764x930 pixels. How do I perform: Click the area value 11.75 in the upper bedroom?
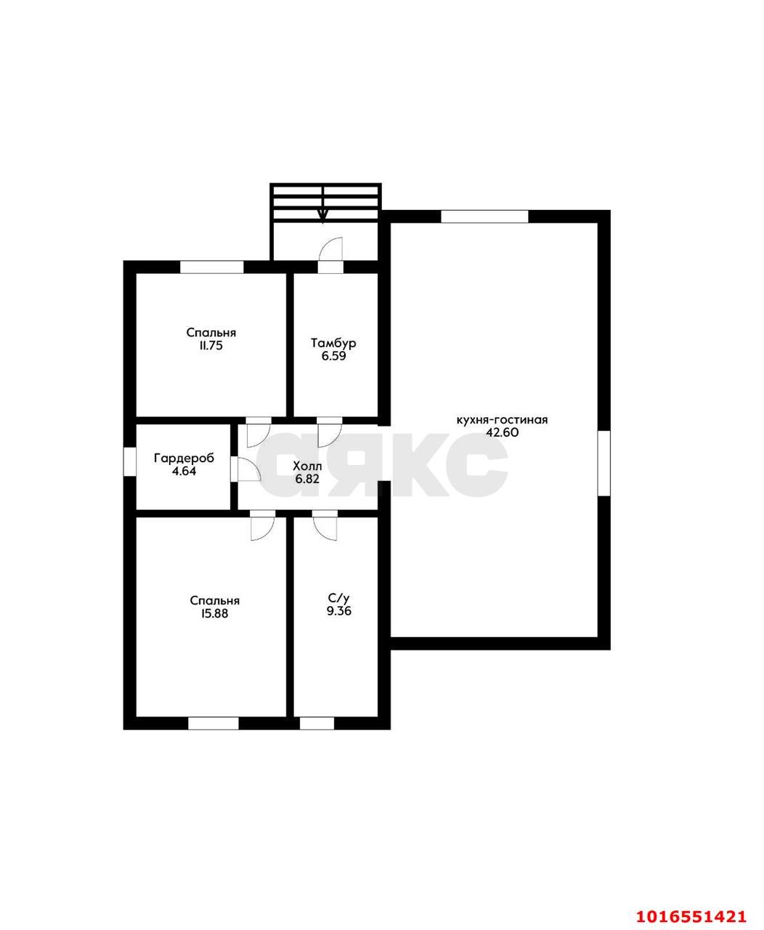tap(211, 345)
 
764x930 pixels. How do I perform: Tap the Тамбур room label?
tap(333, 343)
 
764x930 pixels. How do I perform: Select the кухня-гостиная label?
tap(502, 420)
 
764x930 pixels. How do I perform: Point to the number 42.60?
tap(502, 432)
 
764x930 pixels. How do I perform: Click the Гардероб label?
tap(184, 458)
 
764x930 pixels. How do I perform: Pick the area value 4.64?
tap(184, 472)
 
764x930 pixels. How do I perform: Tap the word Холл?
tap(307, 466)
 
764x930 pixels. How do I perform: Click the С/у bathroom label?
tap(338, 599)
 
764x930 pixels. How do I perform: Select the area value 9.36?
tap(338, 611)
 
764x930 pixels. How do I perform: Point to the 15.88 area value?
tap(215, 613)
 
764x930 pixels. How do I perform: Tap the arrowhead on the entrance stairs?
tap(323, 216)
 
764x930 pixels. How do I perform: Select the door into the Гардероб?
tap(248, 469)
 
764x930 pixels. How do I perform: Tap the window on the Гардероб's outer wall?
tap(129, 461)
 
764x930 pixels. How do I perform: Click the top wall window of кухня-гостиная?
tap(484, 217)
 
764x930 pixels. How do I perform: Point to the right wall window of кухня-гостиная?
tap(604, 463)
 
